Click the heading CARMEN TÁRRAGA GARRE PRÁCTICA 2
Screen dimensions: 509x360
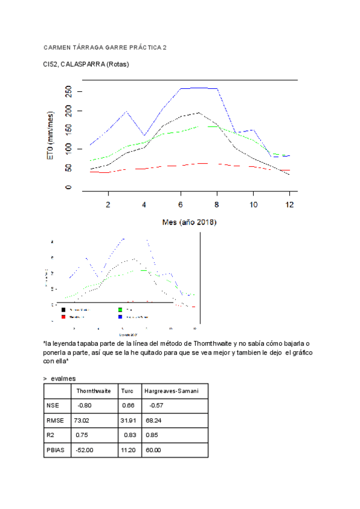106,47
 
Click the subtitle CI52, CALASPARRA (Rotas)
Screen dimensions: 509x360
86,64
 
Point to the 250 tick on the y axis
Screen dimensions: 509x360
68,91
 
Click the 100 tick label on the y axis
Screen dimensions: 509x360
68,148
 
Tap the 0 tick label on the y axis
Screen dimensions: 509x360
68,187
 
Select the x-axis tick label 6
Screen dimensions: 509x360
181,205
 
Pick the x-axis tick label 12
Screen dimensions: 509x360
289,205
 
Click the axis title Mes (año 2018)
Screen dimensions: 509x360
190,222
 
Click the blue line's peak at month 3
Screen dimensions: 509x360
126,112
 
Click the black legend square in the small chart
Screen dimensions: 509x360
64,310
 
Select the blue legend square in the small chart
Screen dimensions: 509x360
121,316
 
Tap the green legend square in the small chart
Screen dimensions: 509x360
121,310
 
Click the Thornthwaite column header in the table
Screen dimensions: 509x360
94,391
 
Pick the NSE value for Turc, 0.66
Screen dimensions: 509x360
128,406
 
